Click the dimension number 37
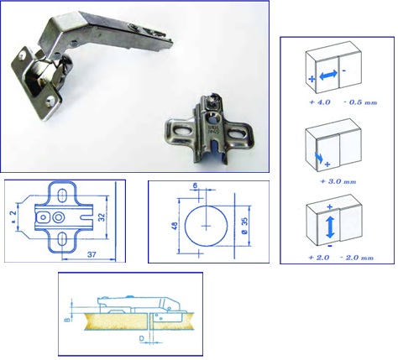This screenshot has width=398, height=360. pyautogui.click(x=92, y=254)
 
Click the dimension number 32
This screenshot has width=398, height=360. pyautogui.click(x=102, y=217)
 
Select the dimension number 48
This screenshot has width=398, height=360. pyautogui.click(x=174, y=226)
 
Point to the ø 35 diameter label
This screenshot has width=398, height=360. pyautogui.click(x=244, y=226)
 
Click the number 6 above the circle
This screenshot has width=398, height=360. pyautogui.click(x=195, y=185)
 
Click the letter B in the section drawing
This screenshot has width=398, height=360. pyautogui.click(x=67, y=319)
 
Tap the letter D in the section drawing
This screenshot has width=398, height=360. pyautogui.click(x=142, y=339)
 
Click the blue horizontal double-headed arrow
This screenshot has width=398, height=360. pyautogui.click(x=328, y=75)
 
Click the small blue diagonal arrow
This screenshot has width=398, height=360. pyautogui.click(x=318, y=157)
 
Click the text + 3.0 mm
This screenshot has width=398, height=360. pyautogui.click(x=338, y=181)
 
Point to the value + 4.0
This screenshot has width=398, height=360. pyautogui.click(x=320, y=102)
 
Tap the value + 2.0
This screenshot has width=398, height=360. pyautogui.click(x=319, y=258)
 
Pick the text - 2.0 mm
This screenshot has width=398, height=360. pyautogui.click(x=357, y=258)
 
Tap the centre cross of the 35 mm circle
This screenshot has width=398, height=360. pyautogui.click(x=207, y=226)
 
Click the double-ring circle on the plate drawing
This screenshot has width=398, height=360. pyautogui.click(x=59, y=217)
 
